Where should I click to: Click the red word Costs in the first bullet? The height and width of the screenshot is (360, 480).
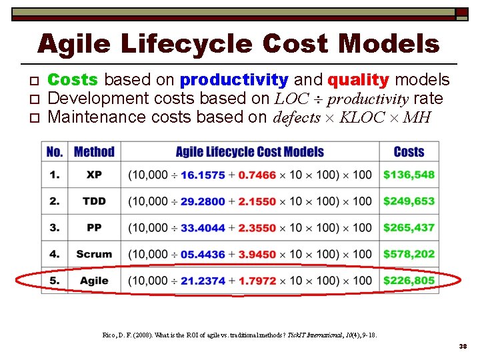click(73, 80)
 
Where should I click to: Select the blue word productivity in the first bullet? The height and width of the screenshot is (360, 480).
click(234, 81)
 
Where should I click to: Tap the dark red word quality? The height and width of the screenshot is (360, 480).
click(358, 81)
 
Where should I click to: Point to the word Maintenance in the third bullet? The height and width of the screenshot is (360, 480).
click(99, 118)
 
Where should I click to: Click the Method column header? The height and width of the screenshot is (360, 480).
click(94, 152)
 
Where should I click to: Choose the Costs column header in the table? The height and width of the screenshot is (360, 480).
click(409, 152)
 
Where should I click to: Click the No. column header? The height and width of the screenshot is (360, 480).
click(55, 152)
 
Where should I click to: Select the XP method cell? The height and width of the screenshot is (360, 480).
click(94, 175)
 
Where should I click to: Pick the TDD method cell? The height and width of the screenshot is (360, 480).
click(94, 201)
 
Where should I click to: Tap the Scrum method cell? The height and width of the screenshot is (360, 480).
click(94, 254)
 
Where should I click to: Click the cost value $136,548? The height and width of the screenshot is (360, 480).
click(409, 175)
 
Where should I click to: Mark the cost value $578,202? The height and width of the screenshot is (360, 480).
click(409, 254)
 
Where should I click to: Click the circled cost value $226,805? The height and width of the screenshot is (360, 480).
click(409, 281)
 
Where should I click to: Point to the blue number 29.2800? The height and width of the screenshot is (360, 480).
click(203, 201)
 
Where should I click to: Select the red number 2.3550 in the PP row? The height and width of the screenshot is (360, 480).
click(257, 228)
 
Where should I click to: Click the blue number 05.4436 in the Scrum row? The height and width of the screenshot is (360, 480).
click(203, 254)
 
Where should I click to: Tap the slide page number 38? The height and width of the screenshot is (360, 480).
click(463, 347)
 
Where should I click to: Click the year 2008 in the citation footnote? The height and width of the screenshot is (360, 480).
click(140, 335)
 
